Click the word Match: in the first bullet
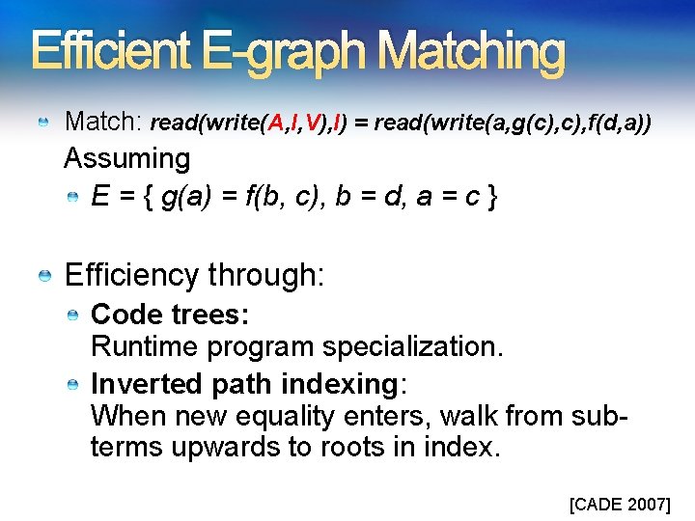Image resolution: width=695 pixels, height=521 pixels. pyautogui.click(x=103, y=123)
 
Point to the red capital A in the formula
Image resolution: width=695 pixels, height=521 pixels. pyautogui.click(x=276, y=123)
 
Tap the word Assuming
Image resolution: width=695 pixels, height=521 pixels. pyautogui.click(x=126, y=157)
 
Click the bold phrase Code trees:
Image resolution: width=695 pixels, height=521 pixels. pyautogui.click(x=170, y=315)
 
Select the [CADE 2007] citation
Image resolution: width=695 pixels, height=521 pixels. pyautogui.click(x=619, y=504)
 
